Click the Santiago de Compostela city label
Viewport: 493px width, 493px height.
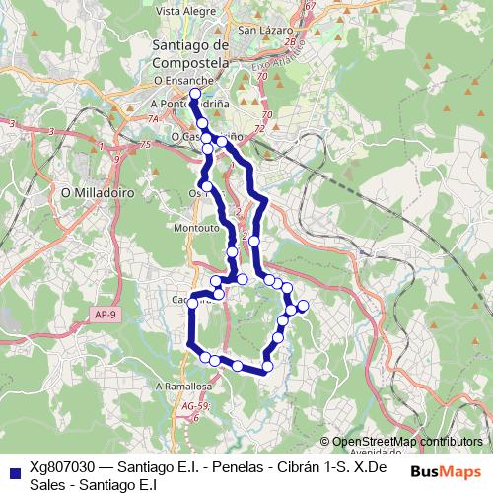point(191,53)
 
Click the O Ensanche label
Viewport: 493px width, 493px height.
point(183,80)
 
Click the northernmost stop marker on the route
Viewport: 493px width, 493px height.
point(194,94)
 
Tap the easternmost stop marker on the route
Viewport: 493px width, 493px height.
point(302,306)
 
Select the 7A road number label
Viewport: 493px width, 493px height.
point(154,119)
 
